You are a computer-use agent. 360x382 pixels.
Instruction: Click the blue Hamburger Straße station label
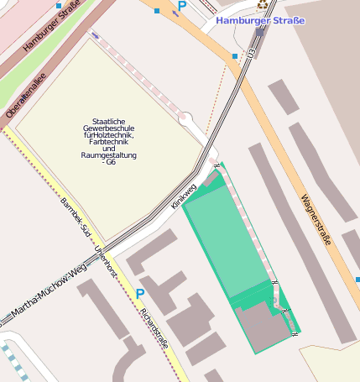click(260, 20)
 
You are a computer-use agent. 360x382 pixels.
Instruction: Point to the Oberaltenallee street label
click(26, 98)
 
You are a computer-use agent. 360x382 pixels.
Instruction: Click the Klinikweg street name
click(183, 195)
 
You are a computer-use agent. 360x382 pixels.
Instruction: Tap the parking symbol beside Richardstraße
click(140, 293)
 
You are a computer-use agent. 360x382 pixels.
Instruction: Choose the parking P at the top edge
click(182, 6)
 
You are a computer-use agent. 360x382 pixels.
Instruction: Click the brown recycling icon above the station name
click(263, 4)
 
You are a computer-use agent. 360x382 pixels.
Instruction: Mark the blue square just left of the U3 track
click(234, 56)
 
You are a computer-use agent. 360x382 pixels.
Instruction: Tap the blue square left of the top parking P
click(157, 11)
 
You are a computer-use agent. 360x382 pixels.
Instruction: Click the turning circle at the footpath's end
click(185, 118)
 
